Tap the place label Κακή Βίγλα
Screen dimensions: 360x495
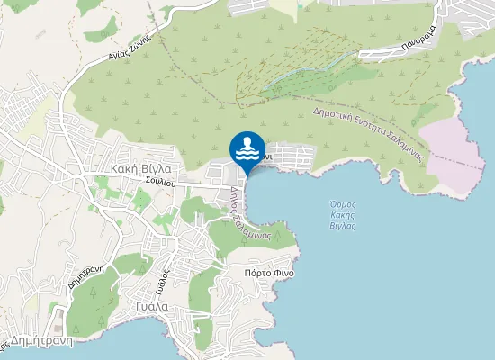[136, 168]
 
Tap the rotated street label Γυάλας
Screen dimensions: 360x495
[162, 269]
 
